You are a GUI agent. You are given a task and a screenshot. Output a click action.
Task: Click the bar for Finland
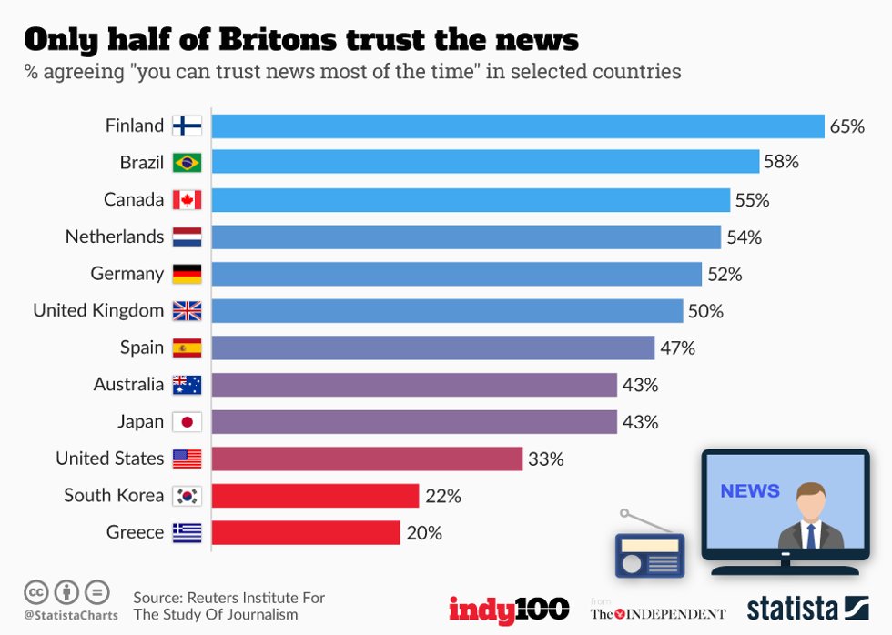[x=517, y=126]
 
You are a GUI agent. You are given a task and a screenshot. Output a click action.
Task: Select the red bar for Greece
[x=306, y=532]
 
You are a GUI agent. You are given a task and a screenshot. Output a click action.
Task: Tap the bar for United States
[x=367, y=459]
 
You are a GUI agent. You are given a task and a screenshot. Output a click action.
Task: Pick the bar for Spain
[x=433, y=348]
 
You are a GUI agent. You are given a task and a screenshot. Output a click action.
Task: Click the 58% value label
[x=781, y=162]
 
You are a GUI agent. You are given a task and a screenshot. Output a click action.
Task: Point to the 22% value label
[x=443, y=496]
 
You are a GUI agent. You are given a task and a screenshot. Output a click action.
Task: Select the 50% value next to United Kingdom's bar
[x=705, y=311]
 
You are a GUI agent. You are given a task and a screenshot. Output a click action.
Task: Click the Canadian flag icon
[x=187, y=200]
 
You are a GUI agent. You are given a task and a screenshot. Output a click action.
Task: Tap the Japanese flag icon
[x=187, y=422]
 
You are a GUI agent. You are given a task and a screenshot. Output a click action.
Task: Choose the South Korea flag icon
[x=187, y=496]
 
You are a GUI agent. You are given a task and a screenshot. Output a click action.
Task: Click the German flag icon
[x=187, y=274]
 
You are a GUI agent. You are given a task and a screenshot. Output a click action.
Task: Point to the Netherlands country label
[x=115, y=237]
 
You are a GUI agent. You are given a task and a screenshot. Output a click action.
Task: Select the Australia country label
[x=128, y=385]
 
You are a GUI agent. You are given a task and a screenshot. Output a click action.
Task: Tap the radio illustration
[x=650, y=550]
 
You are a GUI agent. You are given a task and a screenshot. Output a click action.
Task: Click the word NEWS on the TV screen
[x=750, y=491]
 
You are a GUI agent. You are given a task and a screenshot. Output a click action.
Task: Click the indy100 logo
[x=509, y=609]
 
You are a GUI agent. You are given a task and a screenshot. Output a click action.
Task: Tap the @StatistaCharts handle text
[x=71, y=616]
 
